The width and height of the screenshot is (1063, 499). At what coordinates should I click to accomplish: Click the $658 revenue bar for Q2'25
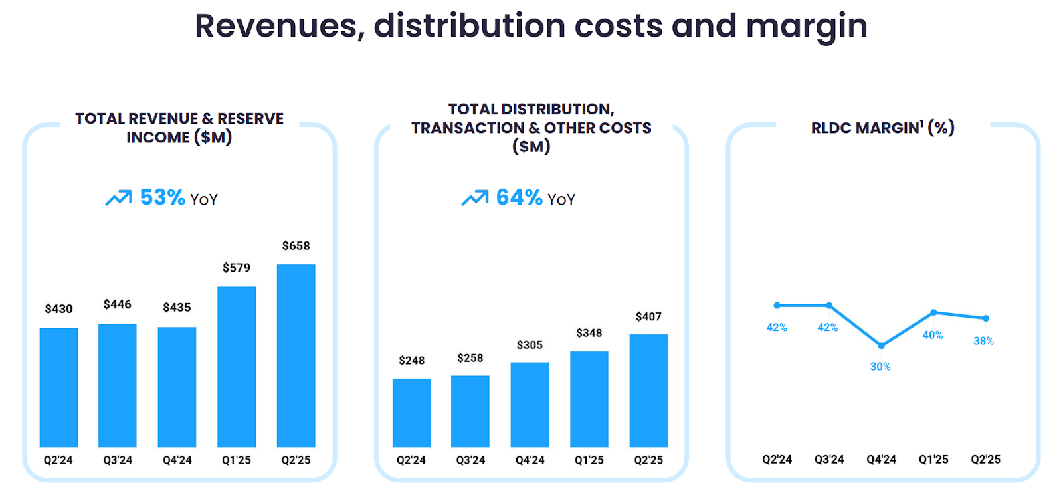coord(296,355)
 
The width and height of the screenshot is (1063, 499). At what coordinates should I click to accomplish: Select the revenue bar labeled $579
coord(237,367)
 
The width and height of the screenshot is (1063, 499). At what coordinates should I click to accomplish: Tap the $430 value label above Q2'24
coord(58,309)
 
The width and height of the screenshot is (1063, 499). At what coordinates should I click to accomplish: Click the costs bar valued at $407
coord(648,391)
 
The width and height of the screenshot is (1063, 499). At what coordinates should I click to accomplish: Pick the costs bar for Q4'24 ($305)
coord(530,405)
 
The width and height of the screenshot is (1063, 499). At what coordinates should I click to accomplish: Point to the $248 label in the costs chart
coord(411,361)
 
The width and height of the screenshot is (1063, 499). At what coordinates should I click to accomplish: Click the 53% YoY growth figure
coord(162,197)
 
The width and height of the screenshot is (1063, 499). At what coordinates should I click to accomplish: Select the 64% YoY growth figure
coord(519,197)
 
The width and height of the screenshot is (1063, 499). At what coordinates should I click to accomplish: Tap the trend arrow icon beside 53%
coord(118,198)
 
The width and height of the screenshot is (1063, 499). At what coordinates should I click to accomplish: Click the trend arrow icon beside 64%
coord(474,198)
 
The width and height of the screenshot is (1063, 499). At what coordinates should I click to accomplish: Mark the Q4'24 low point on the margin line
coord(881,346)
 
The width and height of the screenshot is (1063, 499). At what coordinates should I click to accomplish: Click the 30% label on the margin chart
coord(880,367)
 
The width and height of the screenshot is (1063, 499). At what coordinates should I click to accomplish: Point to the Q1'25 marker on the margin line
coord(933,312)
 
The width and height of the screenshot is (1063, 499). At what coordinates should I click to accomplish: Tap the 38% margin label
coord(983,341)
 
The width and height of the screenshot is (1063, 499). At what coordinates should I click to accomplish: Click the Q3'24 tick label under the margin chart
coord(828,460)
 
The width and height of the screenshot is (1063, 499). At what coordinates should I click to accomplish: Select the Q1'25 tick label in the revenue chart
coord(237,460)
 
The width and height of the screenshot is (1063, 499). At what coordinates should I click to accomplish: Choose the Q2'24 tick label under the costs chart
coord(411,460)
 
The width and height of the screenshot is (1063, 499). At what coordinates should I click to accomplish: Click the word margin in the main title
coord(807,27)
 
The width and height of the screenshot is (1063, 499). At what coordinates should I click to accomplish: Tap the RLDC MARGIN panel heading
coord(882,128)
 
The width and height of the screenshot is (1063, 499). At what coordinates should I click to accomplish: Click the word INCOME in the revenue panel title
coord(157,138)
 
